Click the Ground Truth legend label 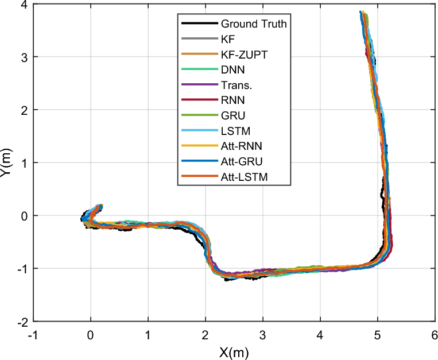click(x=253, y=24)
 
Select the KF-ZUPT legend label click(x=243, y=55)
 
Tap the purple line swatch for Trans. click(x=199, y=86)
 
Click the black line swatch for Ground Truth click(x=199, y=24)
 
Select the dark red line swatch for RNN click(x=199, y=102)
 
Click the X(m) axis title click(x=234, y=351)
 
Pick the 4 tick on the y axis click(x=24, y=5)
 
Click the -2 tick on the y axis click(x=22, y=322)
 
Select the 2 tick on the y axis click(x=24, y=110)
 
